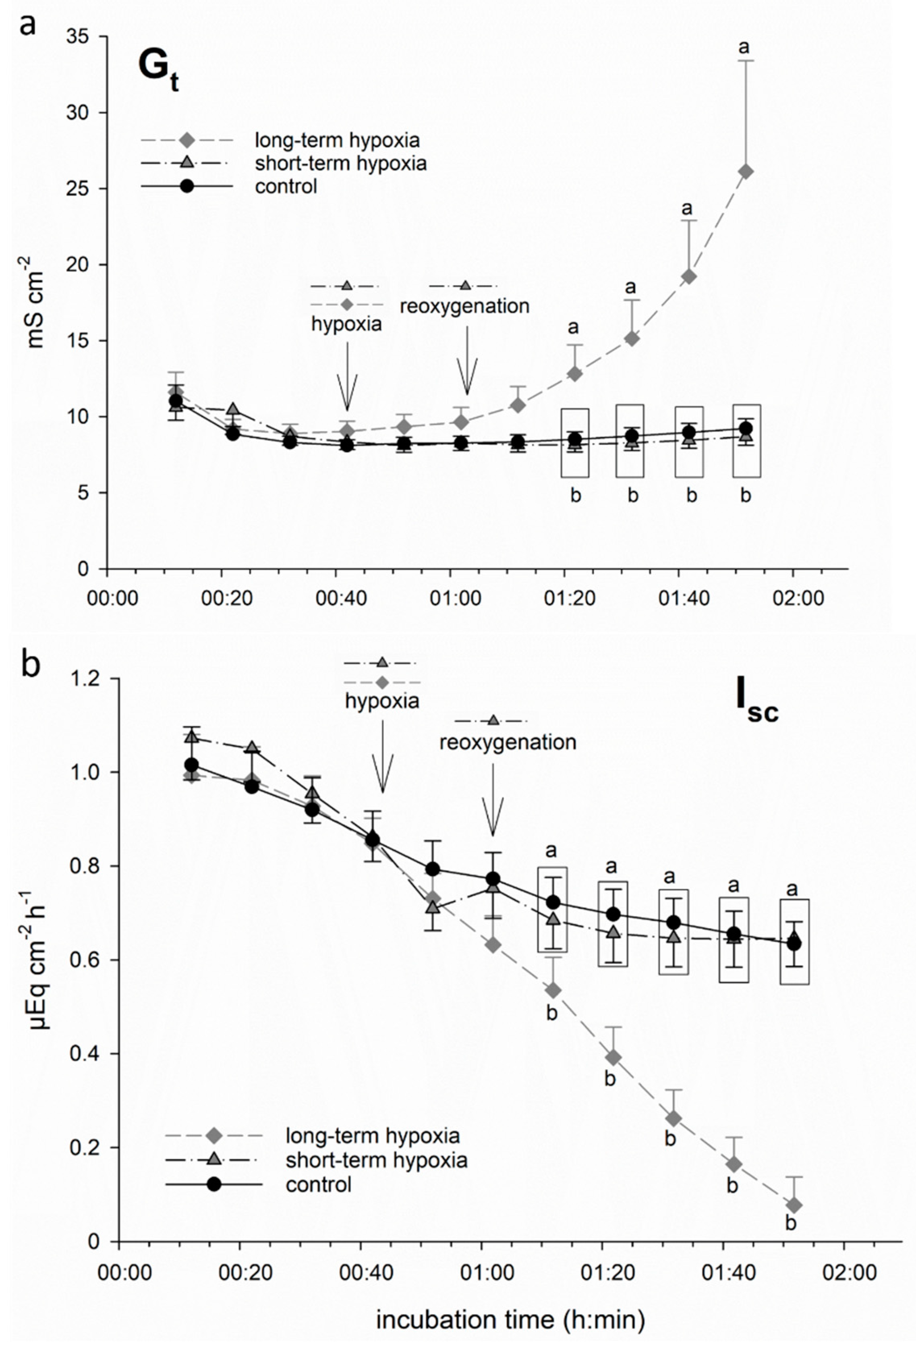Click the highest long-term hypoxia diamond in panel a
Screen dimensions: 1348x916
pyautogui.click(x=746, y=171)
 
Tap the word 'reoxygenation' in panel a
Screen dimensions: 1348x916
pyautogui.click(x=464, y=306)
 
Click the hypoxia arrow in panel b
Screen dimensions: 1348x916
pyautogui.click(x=382, y=754)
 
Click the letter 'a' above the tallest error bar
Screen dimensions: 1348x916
pyautogui.click(x=744, y=46)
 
